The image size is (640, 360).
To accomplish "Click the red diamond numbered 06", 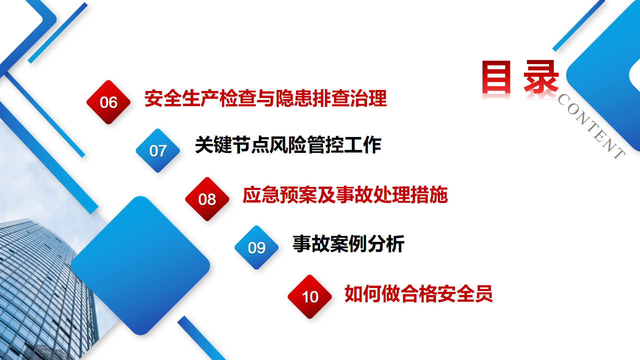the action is point(108,102).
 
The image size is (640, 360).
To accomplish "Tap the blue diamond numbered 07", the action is point(157,150).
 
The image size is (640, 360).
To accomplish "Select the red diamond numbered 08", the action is point(207,199).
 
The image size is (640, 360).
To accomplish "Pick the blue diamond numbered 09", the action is point(256,247).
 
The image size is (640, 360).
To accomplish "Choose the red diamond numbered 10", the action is point(309,296).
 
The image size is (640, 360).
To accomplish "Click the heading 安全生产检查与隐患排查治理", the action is point(265,98).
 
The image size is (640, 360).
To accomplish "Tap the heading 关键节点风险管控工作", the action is point(288,145).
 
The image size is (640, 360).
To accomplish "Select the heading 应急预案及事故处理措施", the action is point(345,195).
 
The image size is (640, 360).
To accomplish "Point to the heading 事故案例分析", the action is point(348,243).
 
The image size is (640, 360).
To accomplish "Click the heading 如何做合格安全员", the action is point(418,293).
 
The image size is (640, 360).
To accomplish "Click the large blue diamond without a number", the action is point(140,265).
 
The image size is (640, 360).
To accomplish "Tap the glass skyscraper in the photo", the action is point(43,288).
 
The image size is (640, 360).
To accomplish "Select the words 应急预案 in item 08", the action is point(279,195).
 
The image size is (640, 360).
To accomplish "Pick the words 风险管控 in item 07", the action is point(306,145).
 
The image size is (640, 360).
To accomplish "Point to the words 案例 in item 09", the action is point(348,243).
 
